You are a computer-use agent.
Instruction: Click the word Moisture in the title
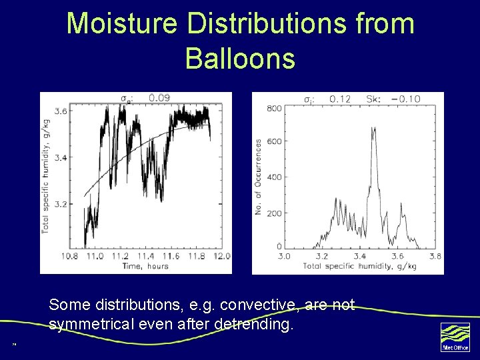[x=122, y=24]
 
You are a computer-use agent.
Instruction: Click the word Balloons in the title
[x=240, y=58]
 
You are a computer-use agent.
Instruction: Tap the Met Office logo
[x=455, y=337]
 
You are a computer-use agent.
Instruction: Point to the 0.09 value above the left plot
[x=159, y=98]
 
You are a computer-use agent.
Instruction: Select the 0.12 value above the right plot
[x=340, y=99]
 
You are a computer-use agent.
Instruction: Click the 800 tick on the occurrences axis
[x=273, y=109]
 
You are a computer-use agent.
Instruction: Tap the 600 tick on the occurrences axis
[x=273, y=141]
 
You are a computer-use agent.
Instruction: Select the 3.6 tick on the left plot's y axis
[x=60, y=111]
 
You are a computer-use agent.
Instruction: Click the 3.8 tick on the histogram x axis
[x=435, y=256]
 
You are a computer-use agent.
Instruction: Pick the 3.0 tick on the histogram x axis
[x=284, y=256]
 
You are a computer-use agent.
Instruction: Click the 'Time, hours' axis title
[x=145, y=266]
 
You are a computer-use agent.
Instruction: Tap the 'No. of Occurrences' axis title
[x=259, y=177]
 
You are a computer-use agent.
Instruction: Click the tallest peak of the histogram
[x=373, y=129]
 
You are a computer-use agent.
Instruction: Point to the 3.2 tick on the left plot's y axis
[x=60, y=204]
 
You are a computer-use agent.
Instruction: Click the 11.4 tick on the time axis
[x=146, y=257]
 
